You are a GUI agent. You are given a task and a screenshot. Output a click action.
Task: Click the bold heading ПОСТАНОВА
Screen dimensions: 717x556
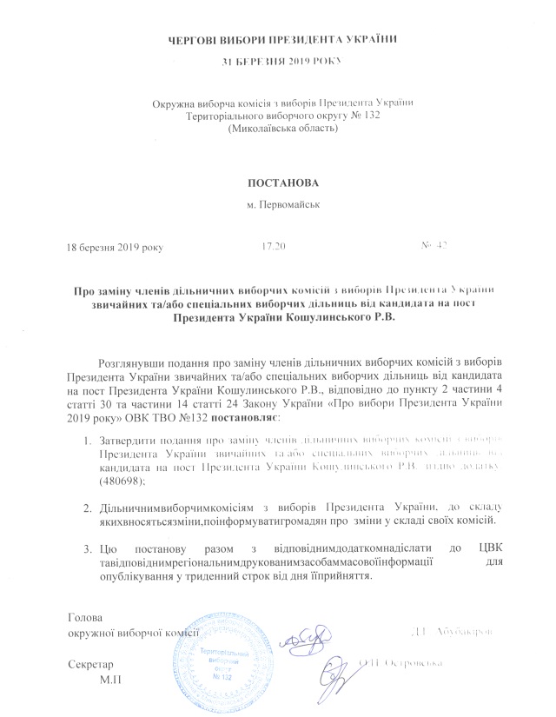[x=278, y=184]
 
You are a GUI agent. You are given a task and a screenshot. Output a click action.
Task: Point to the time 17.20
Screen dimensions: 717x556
[x=274, y=246]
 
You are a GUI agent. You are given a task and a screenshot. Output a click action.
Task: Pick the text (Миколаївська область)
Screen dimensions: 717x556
[x=278, y=129]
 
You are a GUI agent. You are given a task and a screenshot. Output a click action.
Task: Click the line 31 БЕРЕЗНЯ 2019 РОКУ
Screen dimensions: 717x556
[x=278, y=61]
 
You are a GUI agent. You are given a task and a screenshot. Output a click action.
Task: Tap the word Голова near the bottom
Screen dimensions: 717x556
[x=84, y=618]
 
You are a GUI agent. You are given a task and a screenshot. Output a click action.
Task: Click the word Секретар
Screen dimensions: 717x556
[x=90, y=663]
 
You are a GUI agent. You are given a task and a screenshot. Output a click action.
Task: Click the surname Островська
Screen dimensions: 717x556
[x=408, y=663]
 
